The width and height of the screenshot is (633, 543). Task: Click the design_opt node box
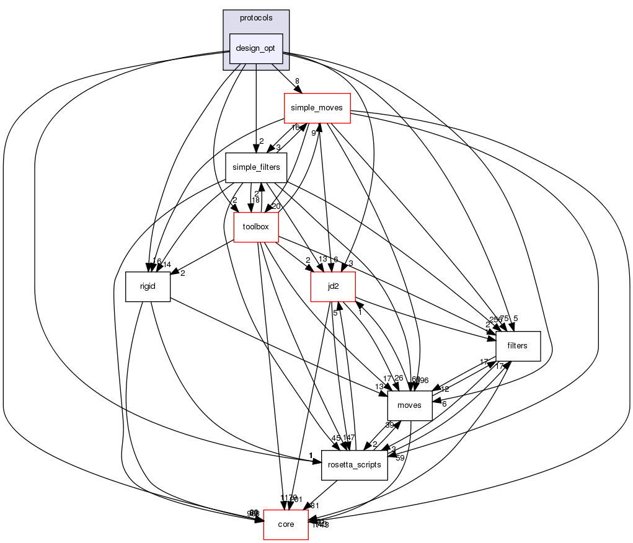(256, 48)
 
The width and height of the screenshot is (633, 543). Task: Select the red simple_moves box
(317, 108)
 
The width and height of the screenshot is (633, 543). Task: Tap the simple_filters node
(255, 167)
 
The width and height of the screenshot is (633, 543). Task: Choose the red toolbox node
(255, 227)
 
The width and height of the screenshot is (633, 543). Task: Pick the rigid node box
(148, 286)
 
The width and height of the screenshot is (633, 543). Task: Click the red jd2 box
(333, 286)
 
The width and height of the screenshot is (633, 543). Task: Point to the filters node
(517, 346)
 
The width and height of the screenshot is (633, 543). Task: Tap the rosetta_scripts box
(354, 465)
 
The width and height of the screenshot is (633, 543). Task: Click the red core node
(286, 524)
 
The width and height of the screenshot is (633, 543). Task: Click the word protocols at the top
(256, 18)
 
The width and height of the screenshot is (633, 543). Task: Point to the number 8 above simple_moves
(297, 81)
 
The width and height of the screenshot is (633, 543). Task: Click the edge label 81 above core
(314, 506)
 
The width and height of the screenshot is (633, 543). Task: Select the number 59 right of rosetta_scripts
(400, 458)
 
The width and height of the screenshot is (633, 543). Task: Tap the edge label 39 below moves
(390, 425)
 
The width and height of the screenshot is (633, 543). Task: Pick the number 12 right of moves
(445, 389)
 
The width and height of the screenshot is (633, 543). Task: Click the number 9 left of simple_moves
(314, 133)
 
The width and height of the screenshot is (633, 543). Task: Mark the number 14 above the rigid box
(167, 264)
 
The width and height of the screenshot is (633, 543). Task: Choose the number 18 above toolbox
(255, 200)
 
